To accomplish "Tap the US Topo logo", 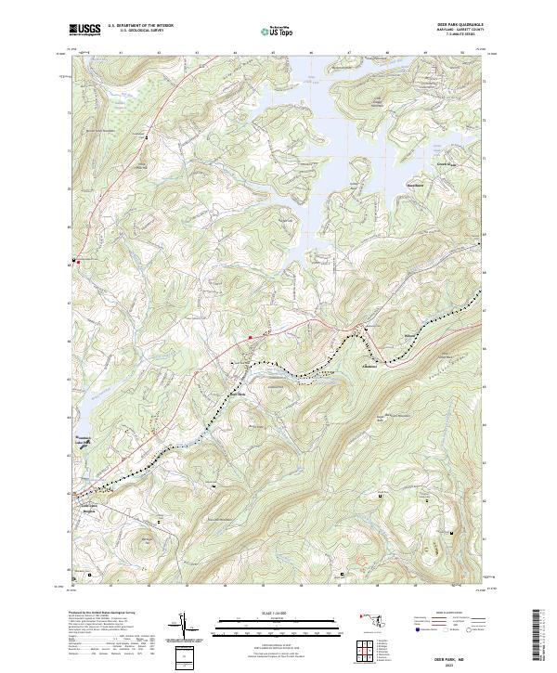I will coord(278,31).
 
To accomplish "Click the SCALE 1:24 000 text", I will coord(278,614).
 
